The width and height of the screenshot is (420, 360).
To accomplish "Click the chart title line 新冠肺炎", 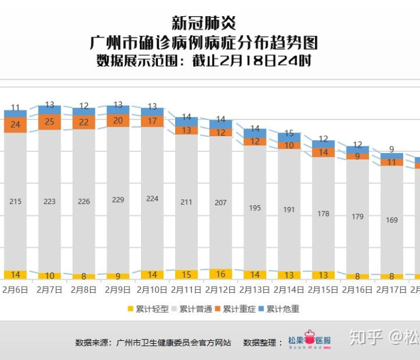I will click(x=203, y=23).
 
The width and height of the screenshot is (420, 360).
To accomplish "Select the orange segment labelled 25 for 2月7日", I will click(x=50, y=122).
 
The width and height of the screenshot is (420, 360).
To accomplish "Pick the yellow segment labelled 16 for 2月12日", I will click(x=220, y=274).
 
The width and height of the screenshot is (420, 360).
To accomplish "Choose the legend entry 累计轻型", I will click(x=148, y=309).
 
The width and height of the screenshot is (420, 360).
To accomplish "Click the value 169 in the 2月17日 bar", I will click(x=391, y=220).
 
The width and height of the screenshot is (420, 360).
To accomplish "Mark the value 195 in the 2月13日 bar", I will click(x=254, y=208).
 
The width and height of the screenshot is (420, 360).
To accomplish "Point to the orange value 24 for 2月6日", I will click(x=16, y=125).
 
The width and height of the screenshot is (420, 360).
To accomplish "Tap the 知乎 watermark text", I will click(x=366, y=338).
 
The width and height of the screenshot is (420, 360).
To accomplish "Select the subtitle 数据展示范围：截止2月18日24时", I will click(x=203, y=61).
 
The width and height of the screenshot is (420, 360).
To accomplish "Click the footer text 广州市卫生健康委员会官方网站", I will click(x=174, y=343).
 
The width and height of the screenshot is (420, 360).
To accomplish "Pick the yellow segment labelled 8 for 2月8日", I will click(x=83, y=277).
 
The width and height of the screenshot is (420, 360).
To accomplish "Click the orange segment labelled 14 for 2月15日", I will click(x=323, y=152).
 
